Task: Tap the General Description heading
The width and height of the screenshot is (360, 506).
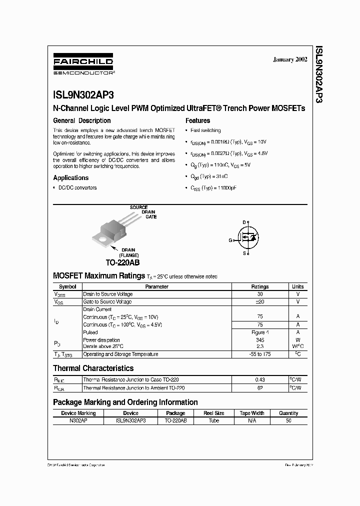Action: click(82, 120)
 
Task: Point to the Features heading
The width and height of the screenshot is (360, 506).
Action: click(198, 120)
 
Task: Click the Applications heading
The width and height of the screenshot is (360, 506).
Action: click(71, 177)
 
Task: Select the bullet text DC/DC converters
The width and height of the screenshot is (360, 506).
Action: click(77, 188)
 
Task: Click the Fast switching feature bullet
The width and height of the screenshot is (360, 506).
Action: click(205, 130)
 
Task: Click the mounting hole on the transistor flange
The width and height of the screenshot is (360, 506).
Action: click(102, 239)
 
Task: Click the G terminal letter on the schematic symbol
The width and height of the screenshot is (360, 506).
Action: click(230, 240)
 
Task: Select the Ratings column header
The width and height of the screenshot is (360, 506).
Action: click(259, 286)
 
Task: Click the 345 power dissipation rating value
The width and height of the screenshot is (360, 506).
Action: click(259, 340)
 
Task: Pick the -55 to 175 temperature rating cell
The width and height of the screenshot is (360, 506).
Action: click(259, 354)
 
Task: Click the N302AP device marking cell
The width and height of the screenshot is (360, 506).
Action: click(78, 421)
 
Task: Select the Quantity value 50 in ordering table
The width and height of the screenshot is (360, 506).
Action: click(288, 421)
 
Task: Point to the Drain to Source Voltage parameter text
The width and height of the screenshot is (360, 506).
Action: click(108, 294)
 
